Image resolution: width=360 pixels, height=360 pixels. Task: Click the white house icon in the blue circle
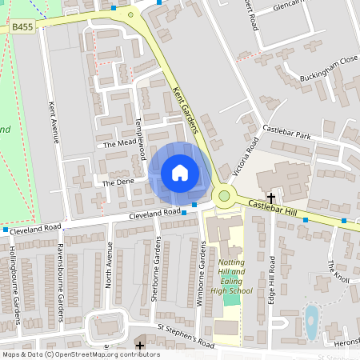click(180, 172)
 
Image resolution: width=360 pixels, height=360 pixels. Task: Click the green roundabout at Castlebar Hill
click(225, 195)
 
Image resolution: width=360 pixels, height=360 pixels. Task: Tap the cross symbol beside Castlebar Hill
click(271, 196)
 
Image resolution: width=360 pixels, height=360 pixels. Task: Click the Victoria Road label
click(244, 157)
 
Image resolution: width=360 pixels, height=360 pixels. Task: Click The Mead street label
click(117, 144)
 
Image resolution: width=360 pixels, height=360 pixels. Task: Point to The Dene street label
click(115, 183)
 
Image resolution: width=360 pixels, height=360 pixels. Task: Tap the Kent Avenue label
click(54, 121)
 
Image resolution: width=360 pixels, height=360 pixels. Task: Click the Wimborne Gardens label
click(202, 277)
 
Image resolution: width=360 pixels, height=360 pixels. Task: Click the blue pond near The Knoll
click(311, 323)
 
